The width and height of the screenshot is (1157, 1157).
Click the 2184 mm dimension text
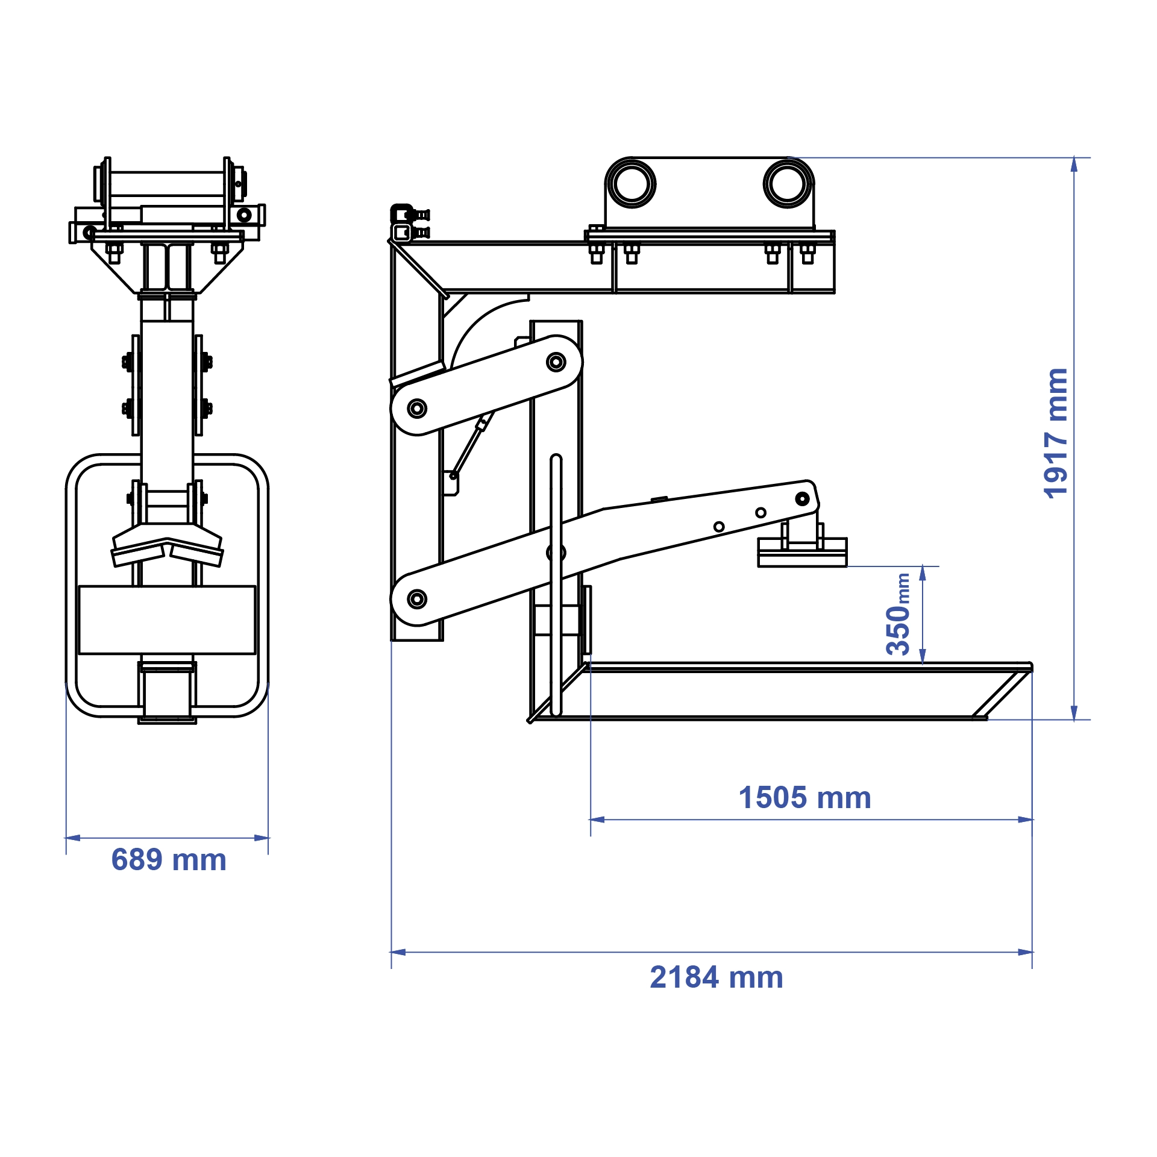[x=716, y=977]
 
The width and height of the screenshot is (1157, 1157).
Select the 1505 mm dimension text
[x=804, y=798]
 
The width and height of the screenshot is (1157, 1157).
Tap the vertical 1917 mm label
[x=1056, y=433]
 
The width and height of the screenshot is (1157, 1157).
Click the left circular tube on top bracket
[x=631, y=183]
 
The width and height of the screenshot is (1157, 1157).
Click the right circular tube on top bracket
[x=788, y=183]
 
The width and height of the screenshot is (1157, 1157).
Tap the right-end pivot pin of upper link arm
[x=556, y=362]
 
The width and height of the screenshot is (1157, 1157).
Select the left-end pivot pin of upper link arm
[x=417, y=408]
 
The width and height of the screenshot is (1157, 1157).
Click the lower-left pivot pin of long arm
[x=417, y=599]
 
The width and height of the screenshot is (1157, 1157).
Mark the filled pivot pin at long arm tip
[x=802, y=498]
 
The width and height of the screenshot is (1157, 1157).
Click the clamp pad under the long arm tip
[x=802, y=553]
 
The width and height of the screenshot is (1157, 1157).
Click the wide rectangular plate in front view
[x=168, y=619]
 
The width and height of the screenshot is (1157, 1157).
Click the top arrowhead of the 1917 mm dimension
[x=1074, y=164]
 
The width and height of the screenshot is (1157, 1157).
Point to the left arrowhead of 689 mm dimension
[x=72, y=838]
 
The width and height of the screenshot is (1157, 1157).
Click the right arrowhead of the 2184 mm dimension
[x=1026, y=952]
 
